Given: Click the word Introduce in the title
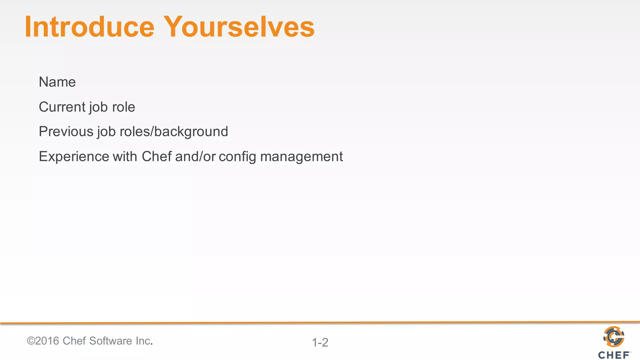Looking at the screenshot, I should (90, 27).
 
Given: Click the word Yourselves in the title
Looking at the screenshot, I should (239, 27).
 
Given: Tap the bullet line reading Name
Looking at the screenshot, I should (57, 82).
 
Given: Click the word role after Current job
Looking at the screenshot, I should (123, 107).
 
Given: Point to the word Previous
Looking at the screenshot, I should (66, 132).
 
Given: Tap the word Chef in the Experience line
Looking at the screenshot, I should (157, 157).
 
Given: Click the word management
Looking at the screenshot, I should (301, 157).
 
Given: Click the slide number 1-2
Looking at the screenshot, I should (320, 342).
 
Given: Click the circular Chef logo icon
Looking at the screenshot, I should (614, 337).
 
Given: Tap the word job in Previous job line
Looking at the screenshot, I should (106, 132).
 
